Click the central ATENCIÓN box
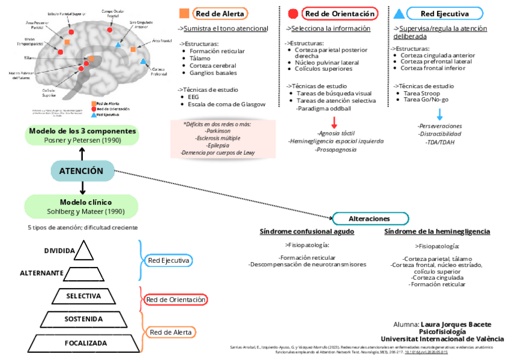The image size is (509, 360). pos(82,171)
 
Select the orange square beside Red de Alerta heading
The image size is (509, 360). pos(185,13)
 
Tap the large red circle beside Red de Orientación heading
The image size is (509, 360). pos(293,14)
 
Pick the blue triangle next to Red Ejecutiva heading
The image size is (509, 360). pos(399,13)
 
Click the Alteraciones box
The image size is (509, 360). pos(370,219)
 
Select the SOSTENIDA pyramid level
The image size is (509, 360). pos(84,319)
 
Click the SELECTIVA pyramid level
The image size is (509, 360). pos(83,296)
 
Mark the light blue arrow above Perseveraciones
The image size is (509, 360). pos(440,114)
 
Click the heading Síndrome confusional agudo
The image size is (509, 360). pos(307,232)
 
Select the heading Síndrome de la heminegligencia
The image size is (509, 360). pos(437,232)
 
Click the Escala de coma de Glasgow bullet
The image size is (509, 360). pos(226,104)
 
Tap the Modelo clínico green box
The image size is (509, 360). pos(82,206)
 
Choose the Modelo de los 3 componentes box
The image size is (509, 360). pos(82,135)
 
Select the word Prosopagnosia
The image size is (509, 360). pos(336,149)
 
